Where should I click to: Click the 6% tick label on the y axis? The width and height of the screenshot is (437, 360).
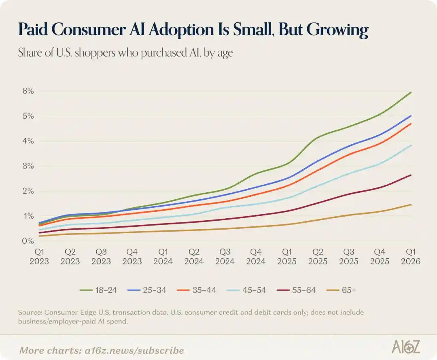click(28, 91)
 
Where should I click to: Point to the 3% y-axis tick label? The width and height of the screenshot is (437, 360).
click(28, 166)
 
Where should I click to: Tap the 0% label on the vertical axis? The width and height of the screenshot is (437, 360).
click(28, 241)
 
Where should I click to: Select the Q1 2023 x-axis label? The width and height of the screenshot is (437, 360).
click(39, 257)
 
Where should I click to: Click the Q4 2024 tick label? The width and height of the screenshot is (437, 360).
click(256, 257)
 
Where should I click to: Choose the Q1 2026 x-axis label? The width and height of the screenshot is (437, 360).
click(411, 257)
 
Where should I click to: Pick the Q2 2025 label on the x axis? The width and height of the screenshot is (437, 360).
click(318, 257)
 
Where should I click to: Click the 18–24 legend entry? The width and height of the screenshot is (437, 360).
click(98, 290)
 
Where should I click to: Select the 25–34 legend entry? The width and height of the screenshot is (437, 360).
click(147, 290)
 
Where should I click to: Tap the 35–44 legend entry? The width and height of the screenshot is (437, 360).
click(197, 290)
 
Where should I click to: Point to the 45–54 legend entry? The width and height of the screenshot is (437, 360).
click(247, 290)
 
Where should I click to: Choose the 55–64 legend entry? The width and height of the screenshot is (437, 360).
click(297, 290)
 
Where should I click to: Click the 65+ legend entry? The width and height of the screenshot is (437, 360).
click(341, 290)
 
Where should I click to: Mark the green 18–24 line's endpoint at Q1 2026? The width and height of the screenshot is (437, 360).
click(411, 92)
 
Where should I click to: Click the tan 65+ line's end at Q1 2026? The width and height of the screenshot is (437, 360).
click(411, 204)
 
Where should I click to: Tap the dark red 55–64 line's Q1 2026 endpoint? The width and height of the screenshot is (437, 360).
click(411, 175)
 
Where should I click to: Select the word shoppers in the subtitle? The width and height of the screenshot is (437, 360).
click(95, 53)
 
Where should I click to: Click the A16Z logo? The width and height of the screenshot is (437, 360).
click(406, 347)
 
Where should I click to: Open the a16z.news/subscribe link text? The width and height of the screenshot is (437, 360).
click(134, 350)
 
